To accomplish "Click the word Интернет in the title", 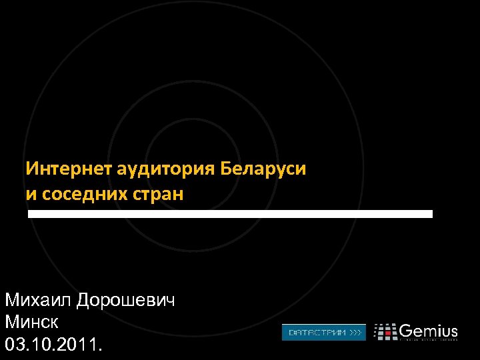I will (70, 168).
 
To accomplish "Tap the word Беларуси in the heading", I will (263, 168).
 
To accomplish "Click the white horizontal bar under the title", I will (230, 214).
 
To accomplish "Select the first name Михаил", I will (39, 300).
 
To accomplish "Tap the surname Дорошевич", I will (126, 301).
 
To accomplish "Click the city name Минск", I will (32, 323).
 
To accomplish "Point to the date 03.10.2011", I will (54, 345).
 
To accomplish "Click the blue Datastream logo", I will (323, 332).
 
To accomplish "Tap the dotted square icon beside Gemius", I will (385, 332).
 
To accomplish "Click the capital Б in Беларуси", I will (225, 168).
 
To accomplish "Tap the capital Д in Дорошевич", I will (85, 301).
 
